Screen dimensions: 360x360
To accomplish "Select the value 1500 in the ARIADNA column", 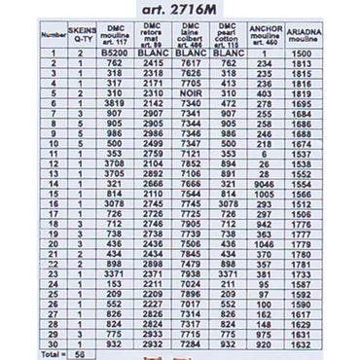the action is pyautogui.click(x=302, y=53).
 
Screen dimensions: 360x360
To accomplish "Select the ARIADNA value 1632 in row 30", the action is pyautogui.click(x=302, y=344).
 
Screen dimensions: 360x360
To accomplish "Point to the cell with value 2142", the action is pyautogui.click(x=155, y=103).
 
